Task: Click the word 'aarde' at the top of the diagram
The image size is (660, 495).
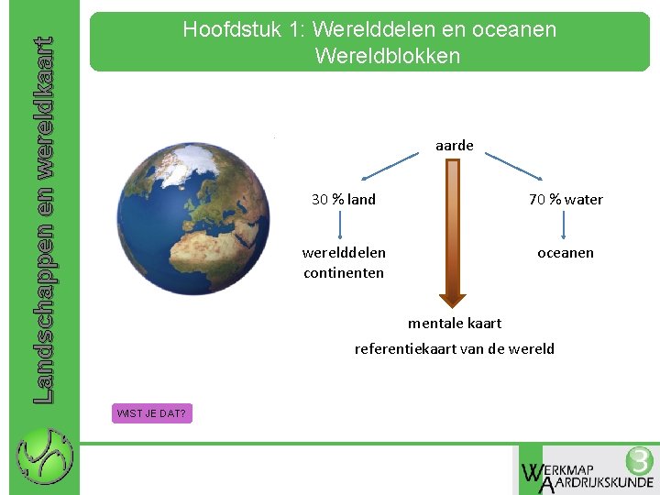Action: (454, 145)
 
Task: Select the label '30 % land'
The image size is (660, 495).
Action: (344, 199)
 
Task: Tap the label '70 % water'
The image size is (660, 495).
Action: (566, 199)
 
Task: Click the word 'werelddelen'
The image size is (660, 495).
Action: (344, 252)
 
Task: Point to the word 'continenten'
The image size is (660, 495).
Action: (344, 272)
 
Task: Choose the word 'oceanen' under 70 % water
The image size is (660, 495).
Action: (566, 252)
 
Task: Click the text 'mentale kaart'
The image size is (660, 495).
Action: (455, 323)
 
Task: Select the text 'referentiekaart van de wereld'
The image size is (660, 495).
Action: (455, 348)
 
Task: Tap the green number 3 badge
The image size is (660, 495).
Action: (639, 460)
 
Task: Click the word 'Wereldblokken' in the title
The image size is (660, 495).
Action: (387, 56)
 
